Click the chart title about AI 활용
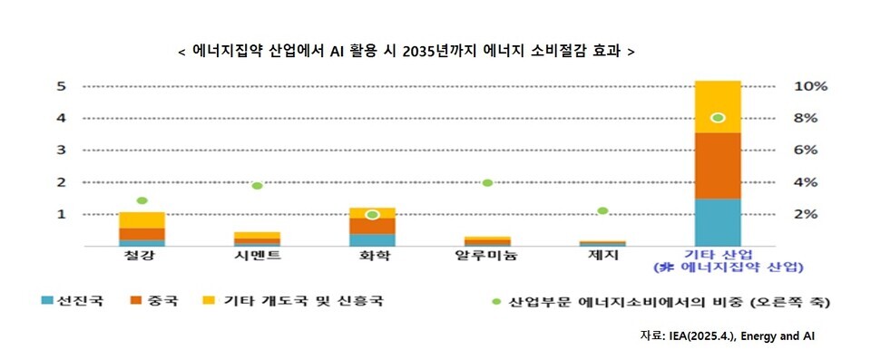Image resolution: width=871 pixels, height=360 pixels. coord(406,51)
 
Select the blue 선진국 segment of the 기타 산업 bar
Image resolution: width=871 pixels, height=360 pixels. coord(717,221)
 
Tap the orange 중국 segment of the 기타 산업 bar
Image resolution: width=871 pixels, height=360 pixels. coord(717,165)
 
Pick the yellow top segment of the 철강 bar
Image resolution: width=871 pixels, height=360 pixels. coord(142,219)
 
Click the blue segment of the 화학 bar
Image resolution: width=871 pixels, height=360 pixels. coord(372,239)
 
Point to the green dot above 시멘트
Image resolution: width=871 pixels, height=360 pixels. coord(257,185)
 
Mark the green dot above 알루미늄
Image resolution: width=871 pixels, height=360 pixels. coord(487,182)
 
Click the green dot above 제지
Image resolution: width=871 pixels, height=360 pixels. coord(602,210)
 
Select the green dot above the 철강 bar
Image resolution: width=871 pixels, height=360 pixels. coord(142,200)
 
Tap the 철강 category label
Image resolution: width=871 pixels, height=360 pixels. coord(142,257)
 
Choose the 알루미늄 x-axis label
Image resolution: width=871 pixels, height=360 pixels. coord(487,257)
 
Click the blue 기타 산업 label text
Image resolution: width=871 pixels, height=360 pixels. coord(717,257)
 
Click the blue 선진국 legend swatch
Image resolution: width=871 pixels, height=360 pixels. coord(46,300)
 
